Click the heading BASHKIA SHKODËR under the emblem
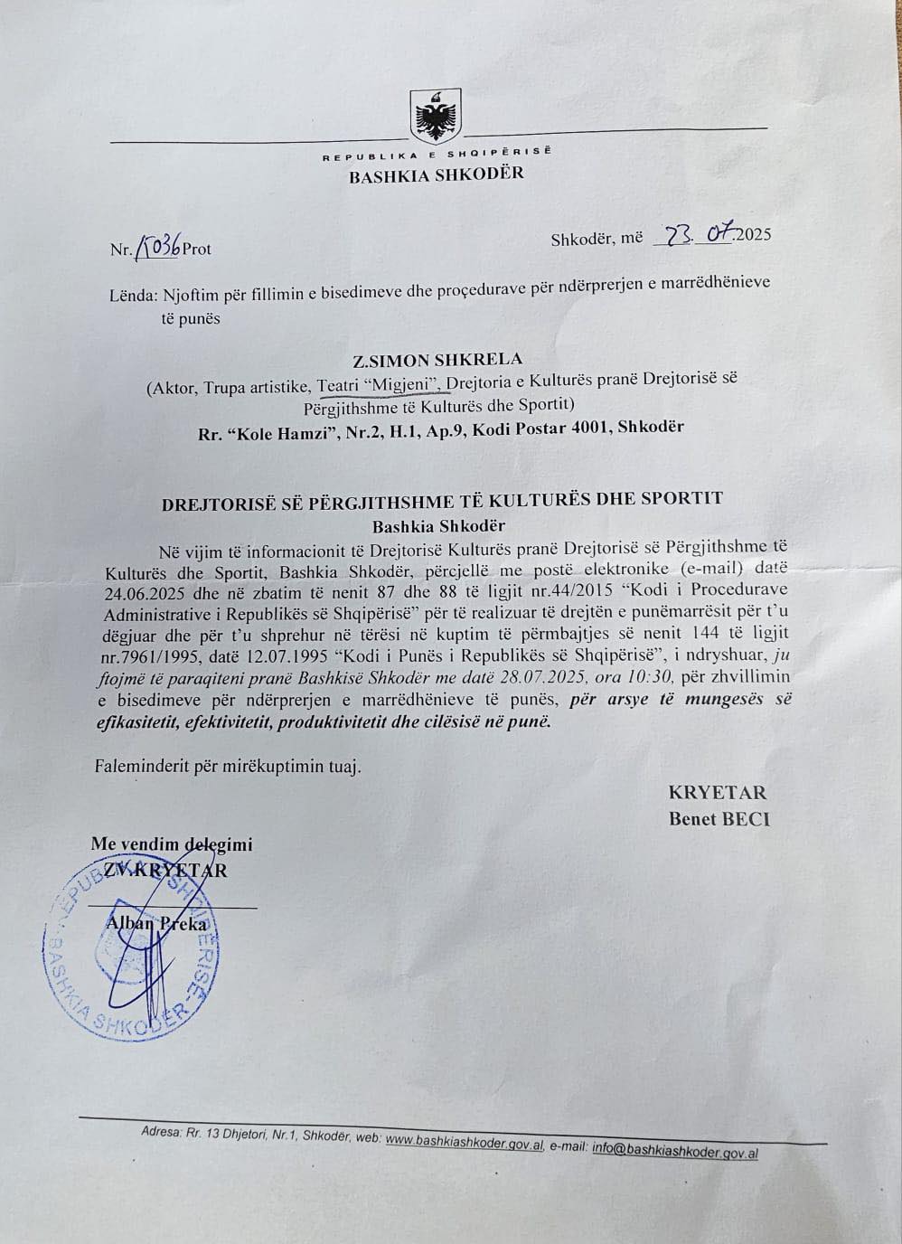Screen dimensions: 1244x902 (436, 174)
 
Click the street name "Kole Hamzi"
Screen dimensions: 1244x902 (288, 432)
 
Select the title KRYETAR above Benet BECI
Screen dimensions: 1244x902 (718, 793)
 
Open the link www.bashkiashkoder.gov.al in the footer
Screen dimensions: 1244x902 (465, 1143)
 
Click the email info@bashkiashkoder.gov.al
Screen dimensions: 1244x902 (675, 1152)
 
